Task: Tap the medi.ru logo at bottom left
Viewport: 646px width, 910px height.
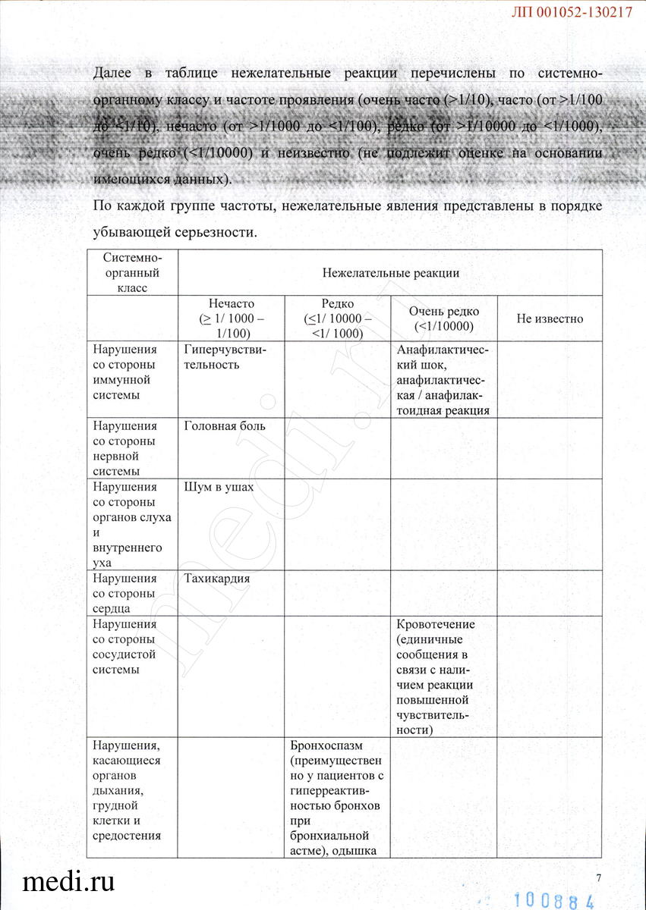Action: point(69,882)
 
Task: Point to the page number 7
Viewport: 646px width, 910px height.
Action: point(598,878)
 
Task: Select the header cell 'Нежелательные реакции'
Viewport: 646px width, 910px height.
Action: point(390,272)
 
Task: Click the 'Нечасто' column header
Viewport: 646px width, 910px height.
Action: point(231,318)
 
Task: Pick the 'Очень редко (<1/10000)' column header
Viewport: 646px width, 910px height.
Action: point(443,318)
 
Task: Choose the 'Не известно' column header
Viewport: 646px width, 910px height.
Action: point(550,318)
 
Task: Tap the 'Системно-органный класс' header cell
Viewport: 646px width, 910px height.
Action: point(132,272)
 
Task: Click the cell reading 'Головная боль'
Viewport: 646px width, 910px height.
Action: point(225,426)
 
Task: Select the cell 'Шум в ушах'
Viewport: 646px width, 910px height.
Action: point(219,487)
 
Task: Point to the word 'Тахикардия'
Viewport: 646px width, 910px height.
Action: point(217,578)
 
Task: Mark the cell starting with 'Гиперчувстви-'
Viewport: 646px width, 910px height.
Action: point(225,357)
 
